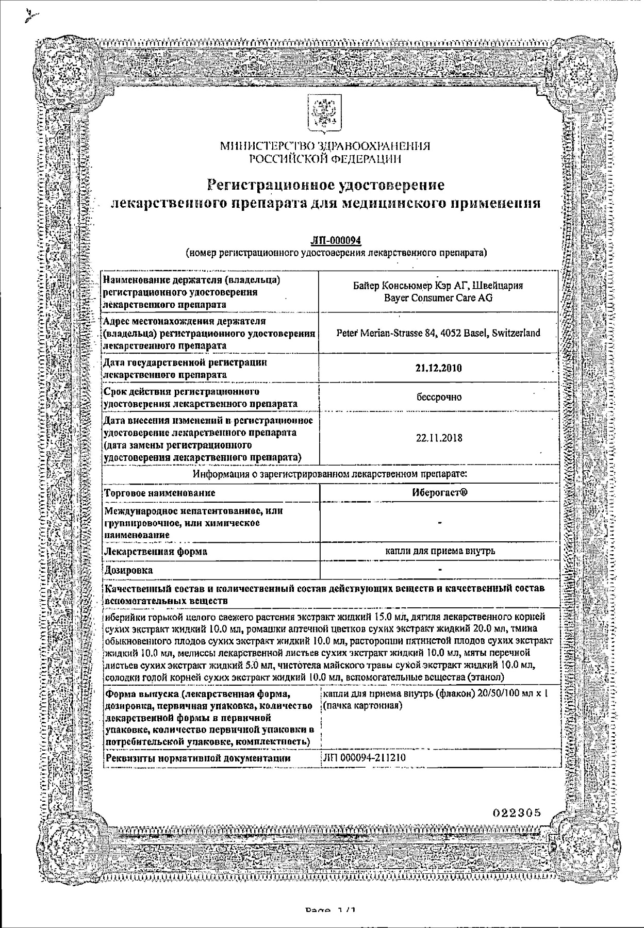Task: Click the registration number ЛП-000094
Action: click(x=336, y=241)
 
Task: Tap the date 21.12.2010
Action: click(x=438, y=368)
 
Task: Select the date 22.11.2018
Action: click(x=439, y=438)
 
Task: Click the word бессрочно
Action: click(x=439, y=397)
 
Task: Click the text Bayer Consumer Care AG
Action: click(x=438, y=298)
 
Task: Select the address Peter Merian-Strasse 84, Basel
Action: click(x=438, y=333)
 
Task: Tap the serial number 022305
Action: click(x=517, y=813)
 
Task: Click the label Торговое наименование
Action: click(x=160, y=493)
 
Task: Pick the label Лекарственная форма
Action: click(x=156, y=552)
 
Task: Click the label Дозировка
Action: click(x=129, y=570)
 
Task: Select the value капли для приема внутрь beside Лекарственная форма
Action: click(x=440, y=551)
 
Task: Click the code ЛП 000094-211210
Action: click(x=363, y=758)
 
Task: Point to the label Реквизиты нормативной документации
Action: click(x=197, y=758)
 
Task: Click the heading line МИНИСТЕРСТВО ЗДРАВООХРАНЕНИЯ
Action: click(x=325, y=146)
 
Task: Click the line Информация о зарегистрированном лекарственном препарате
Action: click(x=330, y=474)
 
